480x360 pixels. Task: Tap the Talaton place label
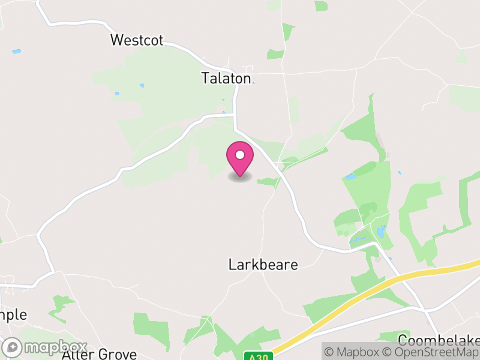click(x=226, y=78)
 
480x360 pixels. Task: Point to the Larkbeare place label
click(x=263, y=265)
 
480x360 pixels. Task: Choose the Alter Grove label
click(x=100, y=354)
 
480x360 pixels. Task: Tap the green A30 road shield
click(x=258, y=356)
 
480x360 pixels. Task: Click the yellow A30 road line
click(x=384, y=286)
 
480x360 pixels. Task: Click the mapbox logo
click(x=45, y=347)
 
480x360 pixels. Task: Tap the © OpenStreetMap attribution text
click(x=431, y=352)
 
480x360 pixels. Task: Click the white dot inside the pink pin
click(x=240, y=155)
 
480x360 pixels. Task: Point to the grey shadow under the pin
click(x=240, y=178)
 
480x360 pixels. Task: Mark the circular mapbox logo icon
click(x=13, y=347)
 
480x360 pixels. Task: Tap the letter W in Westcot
click(x=117, y=40)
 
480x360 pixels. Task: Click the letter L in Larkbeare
click(x=232, y=265)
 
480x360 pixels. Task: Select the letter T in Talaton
click(x=205, y=78)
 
